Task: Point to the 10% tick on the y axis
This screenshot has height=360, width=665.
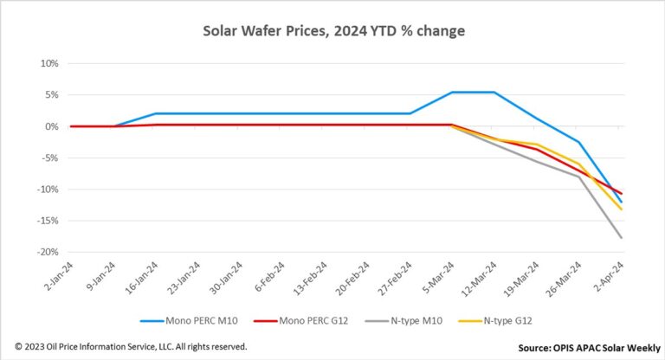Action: [x=48, y=64]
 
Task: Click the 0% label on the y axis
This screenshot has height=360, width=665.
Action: [x=50, y=126]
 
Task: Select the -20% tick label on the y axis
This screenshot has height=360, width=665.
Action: [x=46, y=252]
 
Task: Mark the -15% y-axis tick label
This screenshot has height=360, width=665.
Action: [x=46, y=221]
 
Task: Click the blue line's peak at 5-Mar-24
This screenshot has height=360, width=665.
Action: [x=453, y=93]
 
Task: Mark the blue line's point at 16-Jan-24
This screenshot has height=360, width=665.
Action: [x=156, y=113]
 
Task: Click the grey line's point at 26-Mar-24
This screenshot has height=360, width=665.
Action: [x=579, y=177]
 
